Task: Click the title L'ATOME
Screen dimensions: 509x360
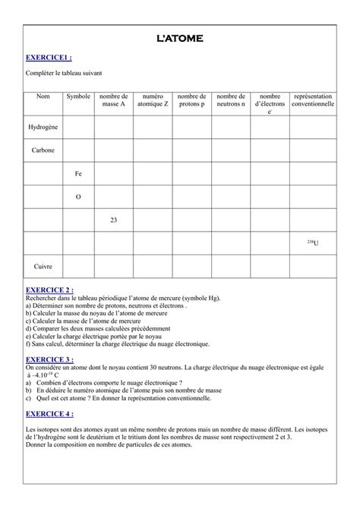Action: (x=180, y=38)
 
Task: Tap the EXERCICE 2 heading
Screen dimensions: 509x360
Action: (x=50, y=290)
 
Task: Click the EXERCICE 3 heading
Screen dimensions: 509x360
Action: (x=50, y=359)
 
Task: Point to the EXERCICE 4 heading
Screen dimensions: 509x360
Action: (x=50, y=413)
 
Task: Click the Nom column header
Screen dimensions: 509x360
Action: (x=43, y=96)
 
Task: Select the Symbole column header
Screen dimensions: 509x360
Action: (x=78, y=96)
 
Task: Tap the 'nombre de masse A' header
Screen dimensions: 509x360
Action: (x=114, y=100)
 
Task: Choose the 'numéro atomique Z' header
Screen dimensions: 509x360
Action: (x=153, y=100)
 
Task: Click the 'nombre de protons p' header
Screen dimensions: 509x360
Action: (x=192, y=100)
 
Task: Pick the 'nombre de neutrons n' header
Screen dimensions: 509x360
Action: (x=231, y=100)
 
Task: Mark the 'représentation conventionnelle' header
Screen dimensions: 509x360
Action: (x=313, y=100)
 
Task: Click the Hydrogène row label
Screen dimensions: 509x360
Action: (x=43, y=127)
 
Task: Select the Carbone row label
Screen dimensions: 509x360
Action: (x=43, y=150)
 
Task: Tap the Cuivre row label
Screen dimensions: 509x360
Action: (x=43, y=267)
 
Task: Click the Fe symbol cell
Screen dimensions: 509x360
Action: (x=78, y=174)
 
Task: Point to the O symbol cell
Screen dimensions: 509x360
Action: (x=78, y=197)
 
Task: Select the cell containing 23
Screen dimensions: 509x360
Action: (x=114, y=220)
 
